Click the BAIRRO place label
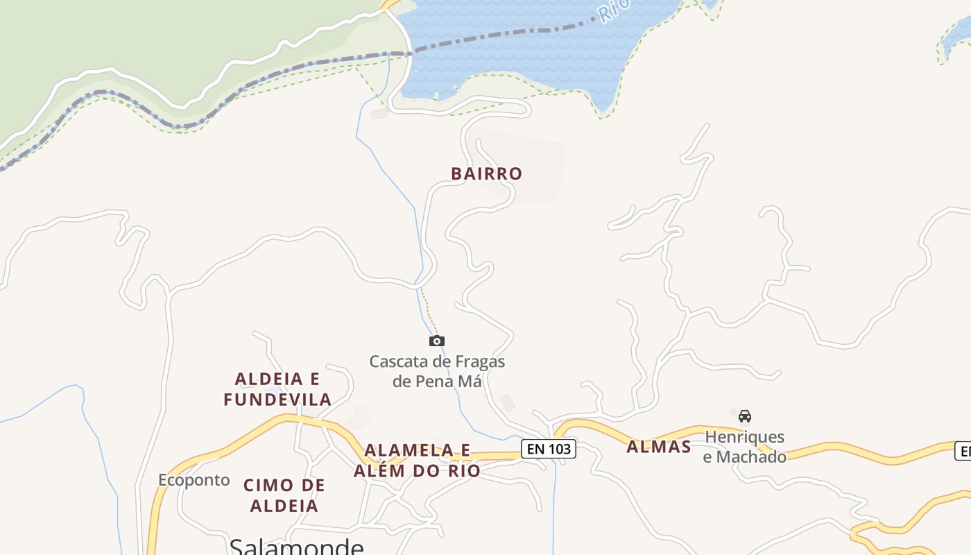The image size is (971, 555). [486, 173]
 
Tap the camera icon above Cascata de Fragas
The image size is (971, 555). [437, 341]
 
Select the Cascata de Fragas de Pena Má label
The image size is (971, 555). [437, 371]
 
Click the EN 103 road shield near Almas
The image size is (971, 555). [549, 449]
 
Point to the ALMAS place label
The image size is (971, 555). [659, 447]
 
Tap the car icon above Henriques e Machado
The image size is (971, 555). [745, 416]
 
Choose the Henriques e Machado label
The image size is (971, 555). [745, 447]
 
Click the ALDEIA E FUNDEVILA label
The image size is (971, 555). [277, 389]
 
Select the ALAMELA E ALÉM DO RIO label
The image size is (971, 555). [417, 460]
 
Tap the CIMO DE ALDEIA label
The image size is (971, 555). [284, 495]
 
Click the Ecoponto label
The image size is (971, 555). [194, 480]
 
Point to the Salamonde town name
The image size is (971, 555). [296, 546]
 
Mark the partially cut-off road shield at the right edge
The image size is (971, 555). [963, 451]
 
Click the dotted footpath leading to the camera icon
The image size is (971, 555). [429, 309]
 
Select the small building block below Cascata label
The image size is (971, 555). [508, 402]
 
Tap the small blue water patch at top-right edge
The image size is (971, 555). [956, 38]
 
